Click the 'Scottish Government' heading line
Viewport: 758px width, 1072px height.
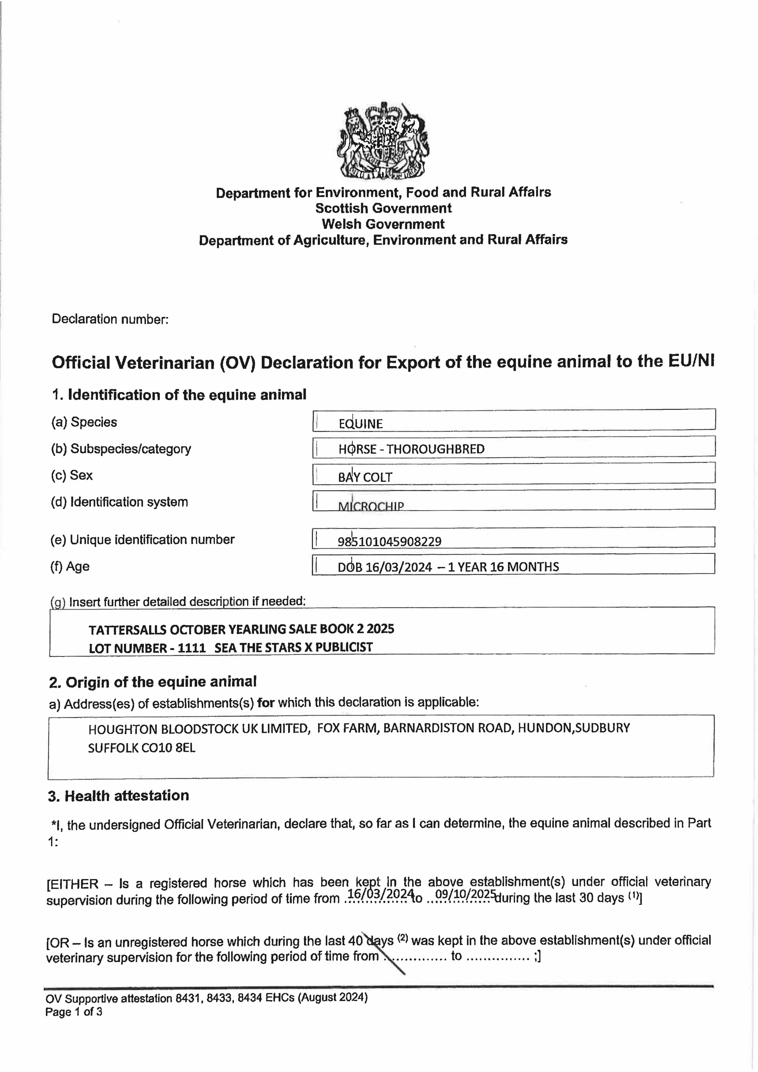383,208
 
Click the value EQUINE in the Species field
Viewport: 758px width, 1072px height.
360,424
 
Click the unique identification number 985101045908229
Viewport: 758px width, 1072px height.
390,542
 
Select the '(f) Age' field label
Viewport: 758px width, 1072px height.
70,566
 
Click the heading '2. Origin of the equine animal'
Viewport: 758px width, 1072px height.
153,682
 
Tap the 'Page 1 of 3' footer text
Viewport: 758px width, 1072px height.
74,1012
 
